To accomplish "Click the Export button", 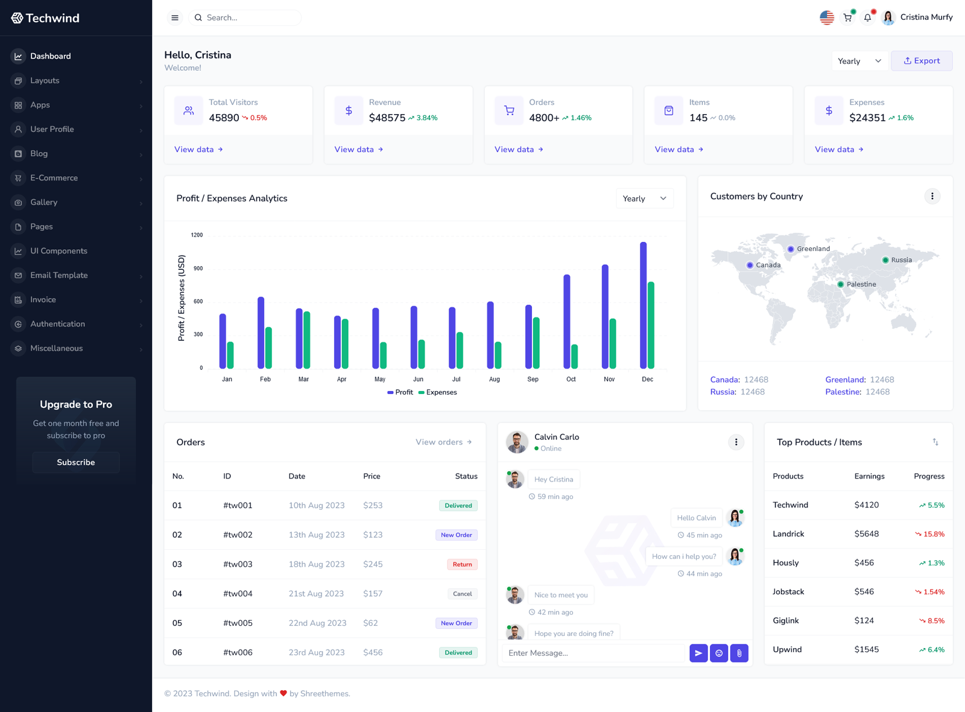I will (922, 61).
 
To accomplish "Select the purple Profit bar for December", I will (644, 305).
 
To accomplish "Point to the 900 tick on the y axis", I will (198, 268).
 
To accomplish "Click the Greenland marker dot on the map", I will (791, 249).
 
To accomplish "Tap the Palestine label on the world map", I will (861, 284).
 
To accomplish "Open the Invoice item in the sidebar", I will (43, 299).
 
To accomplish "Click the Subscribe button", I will (76, 462).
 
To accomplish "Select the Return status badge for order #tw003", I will (462, 564).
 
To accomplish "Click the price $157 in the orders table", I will (373, 594).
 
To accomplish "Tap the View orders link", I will (443, 442).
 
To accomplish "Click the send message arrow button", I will (698, 653).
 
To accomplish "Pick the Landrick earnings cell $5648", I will (866, 534).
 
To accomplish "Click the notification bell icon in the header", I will (867, 17).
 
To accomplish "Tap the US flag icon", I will (827, 17).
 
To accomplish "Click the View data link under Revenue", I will (358, 149).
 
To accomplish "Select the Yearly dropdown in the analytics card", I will (644, 199).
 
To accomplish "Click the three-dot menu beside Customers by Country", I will (932, 196).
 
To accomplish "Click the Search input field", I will (247, 17).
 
